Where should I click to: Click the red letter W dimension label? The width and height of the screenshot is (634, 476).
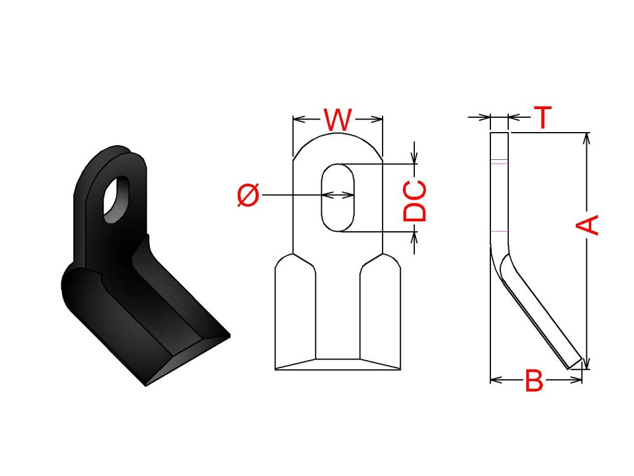pyautogui.click(x=337, y=120)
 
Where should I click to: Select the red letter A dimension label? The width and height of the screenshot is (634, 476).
pyautogui.click(x=587, y=225)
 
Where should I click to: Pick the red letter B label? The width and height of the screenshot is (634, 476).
pyautogui.click(x=534, y=380)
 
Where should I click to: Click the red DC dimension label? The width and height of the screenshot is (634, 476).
pyautogui.click(x=415, y=201)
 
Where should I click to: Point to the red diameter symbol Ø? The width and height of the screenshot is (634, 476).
pyautogui.click(x=248, y=195)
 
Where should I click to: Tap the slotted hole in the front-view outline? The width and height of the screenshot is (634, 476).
pyautogui.click(x=337, y=198)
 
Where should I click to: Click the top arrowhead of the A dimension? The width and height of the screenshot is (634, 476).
pyautogui.click(x=587, y=138)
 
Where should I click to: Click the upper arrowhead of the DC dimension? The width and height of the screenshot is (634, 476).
pyautogui.click(x=414, y=158)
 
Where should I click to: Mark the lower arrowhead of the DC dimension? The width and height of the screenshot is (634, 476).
pyautogui.click(x=414, y=238)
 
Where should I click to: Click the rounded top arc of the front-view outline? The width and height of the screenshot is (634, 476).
pyautogui.click(x=337, y=139)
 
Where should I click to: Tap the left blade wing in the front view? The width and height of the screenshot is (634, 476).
pyautogui.click(x=295, y=312)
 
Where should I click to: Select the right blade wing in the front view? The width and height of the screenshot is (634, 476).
pyautogui.click(x=380, y=312)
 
